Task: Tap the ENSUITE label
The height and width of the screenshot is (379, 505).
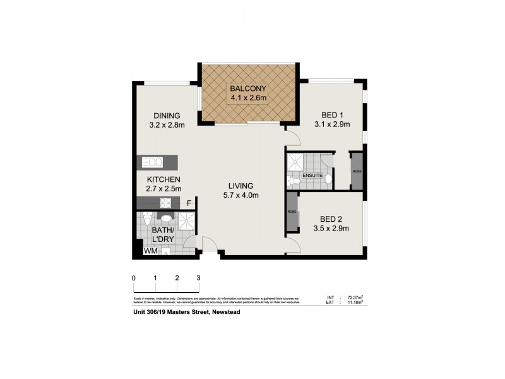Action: [x=313, y=175]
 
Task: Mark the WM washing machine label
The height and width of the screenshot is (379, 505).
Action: [x=150, y=251]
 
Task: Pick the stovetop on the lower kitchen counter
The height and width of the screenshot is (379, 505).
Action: [x=167, y=203]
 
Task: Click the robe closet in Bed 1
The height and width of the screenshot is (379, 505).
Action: [x=357, y=171]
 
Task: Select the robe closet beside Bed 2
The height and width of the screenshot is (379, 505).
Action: [x=292, y=211]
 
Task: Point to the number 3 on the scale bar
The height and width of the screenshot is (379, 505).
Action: [x=198, y=278]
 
